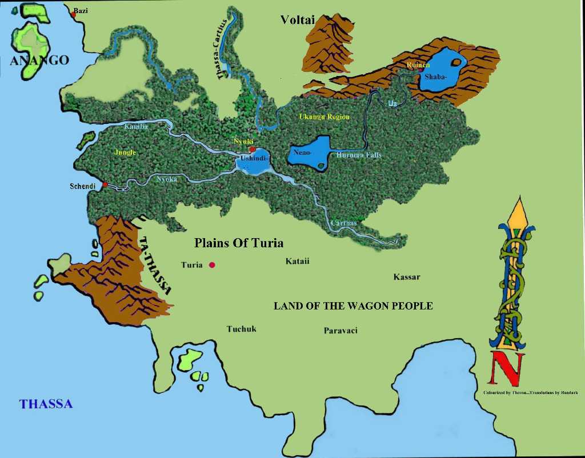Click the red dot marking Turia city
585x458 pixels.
212,265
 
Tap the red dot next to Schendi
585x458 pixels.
105,184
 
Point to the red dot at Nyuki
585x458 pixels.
253,149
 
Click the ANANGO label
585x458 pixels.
39,61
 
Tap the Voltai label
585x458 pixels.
298,20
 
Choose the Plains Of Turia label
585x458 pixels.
239,243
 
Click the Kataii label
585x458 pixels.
298,261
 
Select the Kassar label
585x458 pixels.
407,277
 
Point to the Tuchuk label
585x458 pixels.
241,329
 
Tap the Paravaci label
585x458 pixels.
340,331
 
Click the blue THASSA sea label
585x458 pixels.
46,404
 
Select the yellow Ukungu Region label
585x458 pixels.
324,116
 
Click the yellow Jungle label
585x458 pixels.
125,152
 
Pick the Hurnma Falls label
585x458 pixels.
359,155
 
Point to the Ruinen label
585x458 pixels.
418,65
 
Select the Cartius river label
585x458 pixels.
343,223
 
